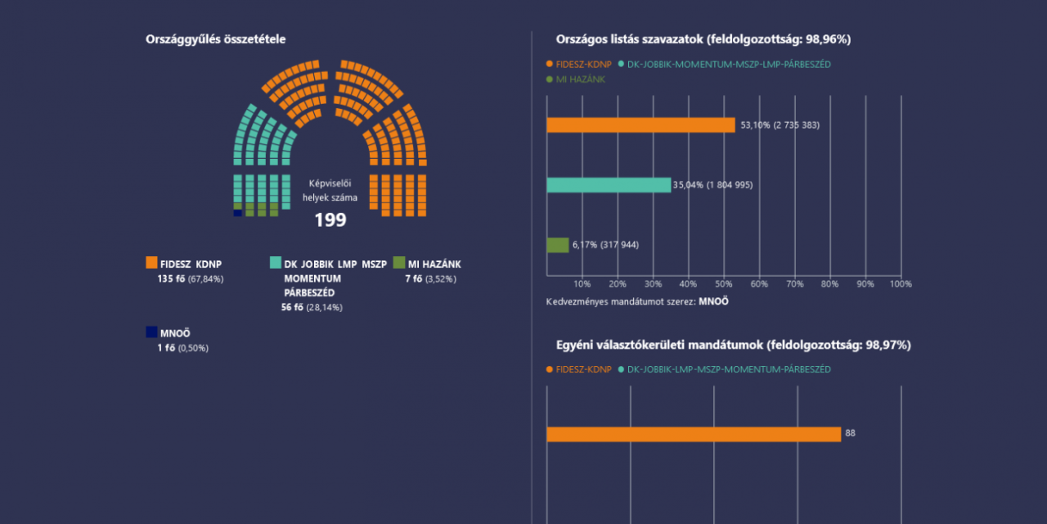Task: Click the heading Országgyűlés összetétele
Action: (215, 39)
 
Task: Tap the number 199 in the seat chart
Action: (330, 220)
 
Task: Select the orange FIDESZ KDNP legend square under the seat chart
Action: (151, 263)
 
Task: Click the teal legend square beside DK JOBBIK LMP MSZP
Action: (276, 263)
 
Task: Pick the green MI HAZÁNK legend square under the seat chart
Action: (399, 263)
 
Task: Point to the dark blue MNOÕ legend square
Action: (151, 332)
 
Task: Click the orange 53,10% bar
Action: (640, 125)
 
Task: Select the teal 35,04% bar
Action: (609, 185)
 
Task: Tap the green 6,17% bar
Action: (558, 245)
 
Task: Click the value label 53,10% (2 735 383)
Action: (780, 125)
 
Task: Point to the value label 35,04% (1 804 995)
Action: (712, 185)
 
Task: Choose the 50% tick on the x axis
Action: (724, 284)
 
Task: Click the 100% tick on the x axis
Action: (901, 284)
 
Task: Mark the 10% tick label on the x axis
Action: (582, 284)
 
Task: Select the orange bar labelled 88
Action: (694, 434)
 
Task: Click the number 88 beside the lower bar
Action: (850, 433)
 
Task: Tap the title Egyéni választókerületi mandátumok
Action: (732, 346)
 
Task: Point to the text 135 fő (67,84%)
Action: (191, 279)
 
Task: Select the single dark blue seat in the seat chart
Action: (237, 213)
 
